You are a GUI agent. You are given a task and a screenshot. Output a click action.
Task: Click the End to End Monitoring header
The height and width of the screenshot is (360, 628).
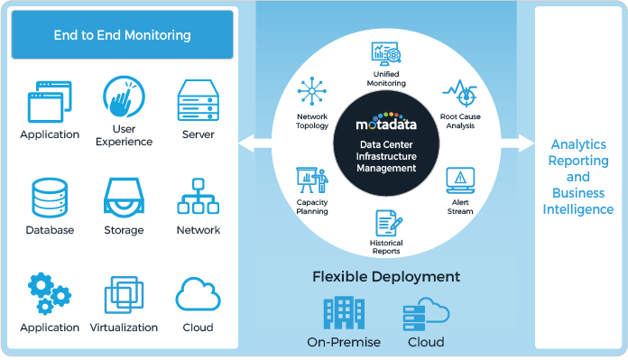[122, 36]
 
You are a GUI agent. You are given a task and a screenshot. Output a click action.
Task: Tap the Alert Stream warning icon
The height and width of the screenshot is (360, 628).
[461, 178]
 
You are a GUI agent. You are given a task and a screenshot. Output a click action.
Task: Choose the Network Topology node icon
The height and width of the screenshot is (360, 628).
[312, 92]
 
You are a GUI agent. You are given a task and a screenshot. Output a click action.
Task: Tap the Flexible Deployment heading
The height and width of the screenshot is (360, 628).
[386, 276]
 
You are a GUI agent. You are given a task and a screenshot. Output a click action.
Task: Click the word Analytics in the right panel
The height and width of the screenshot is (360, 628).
[578, 144]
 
